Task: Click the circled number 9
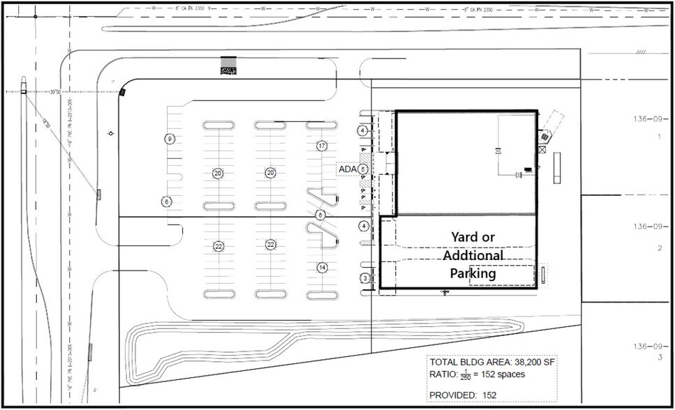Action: (169, 139)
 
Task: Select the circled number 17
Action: (322, 146)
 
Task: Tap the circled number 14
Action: (322, 267)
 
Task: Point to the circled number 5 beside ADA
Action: (363, 169)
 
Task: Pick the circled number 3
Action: (364, 278)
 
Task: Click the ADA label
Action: (347, 169)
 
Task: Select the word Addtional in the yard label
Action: (473, 255)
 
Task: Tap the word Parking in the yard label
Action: (473, 273)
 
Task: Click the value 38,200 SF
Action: (531, 362)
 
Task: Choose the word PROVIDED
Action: (454, 395)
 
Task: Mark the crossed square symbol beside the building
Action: (542, 149)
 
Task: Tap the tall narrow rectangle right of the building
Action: (557, 168)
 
